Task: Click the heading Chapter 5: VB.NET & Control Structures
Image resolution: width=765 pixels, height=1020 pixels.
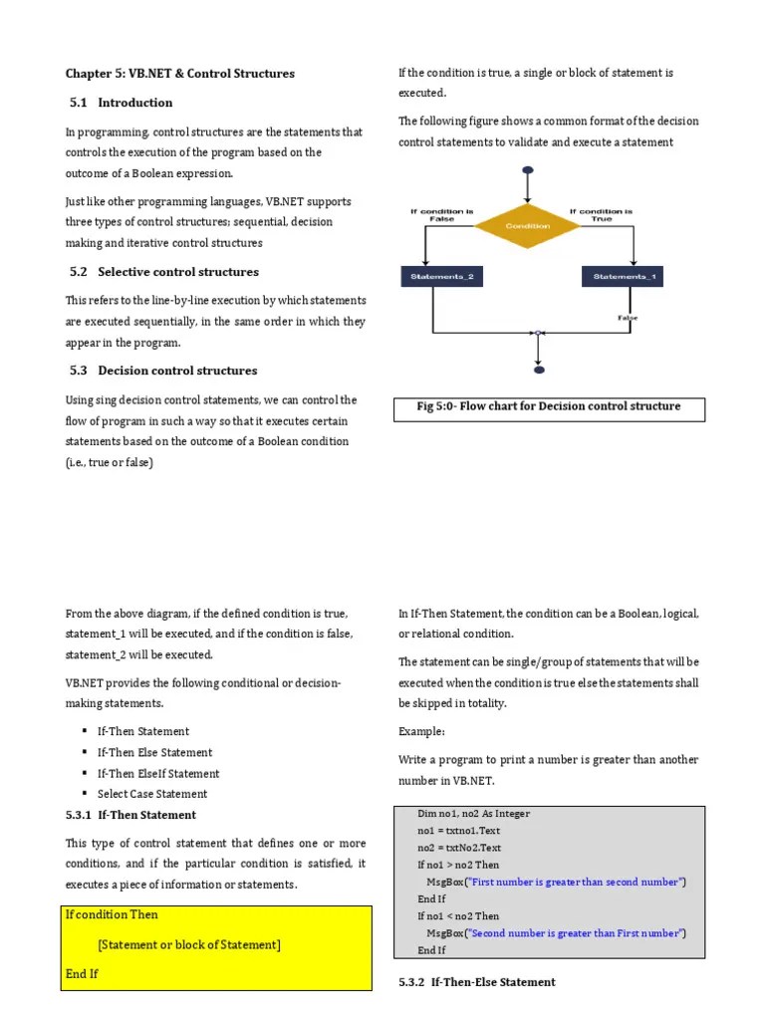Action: pos(179,74)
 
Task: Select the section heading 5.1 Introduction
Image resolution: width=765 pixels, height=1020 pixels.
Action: pos(122,103)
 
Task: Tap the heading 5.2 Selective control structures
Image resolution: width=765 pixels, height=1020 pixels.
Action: pos(164,272)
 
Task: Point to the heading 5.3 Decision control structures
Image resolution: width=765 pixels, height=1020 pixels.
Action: pos(163,371)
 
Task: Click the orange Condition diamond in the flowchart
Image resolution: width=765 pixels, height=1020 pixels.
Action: pos(527,226)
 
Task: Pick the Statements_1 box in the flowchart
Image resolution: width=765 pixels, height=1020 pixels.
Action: pos(625,277)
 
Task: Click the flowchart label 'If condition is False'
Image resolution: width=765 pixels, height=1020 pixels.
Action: pos(441,214)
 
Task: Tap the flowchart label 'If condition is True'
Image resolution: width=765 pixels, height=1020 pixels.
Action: pos(603,214)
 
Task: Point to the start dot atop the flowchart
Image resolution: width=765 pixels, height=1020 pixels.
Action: pos(527,171)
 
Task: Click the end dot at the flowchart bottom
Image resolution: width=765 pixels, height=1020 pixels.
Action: pos(539,370)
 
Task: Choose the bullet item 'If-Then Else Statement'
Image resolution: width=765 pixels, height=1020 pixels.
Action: pos(154,753)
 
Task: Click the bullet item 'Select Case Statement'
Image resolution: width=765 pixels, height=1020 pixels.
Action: pos(152,794)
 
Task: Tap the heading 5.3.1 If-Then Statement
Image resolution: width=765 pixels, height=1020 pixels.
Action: pos(130,815)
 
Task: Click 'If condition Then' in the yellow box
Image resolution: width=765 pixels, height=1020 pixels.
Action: pos(112,914)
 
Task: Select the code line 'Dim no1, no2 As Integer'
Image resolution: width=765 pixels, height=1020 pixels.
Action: pos(474,814)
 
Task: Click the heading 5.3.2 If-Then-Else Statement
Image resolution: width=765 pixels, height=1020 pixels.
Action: pos(477,982)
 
